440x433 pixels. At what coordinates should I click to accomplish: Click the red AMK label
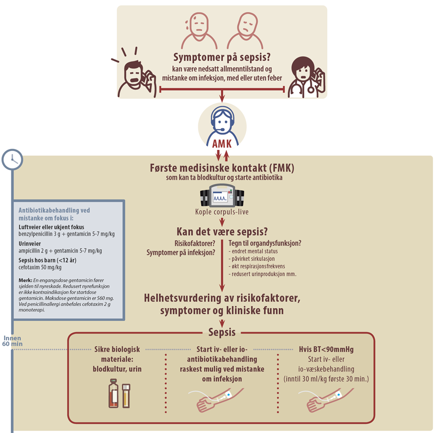[x=222, y=144]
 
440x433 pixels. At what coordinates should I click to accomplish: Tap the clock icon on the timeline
[x=12, y=159]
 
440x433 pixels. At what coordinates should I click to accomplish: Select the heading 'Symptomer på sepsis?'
[x=222, y=57]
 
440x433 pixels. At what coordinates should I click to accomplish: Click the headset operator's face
[x=223, y=123]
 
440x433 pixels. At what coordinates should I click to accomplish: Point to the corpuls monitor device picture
[x=222, y=195]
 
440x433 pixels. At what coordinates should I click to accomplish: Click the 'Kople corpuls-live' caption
[x=222, y=212]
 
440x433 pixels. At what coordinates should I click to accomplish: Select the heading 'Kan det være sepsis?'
[x=222, y=232]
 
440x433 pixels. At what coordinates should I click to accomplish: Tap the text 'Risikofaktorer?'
[x=195, y=243]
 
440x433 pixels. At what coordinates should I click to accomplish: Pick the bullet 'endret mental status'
[x=253, y=251]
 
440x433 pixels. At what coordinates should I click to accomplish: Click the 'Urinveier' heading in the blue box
[x=30, y=243]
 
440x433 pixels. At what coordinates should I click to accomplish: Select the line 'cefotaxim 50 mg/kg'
[x=40, y=267]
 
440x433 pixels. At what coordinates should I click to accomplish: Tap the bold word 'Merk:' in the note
[x=25, y=280]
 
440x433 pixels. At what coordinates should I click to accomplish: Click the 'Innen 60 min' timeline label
[x=12, y=341]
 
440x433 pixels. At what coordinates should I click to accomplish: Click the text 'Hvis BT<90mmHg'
[x=326, y=349]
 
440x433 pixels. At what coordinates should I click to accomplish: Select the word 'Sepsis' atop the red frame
[x=222, y=332]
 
